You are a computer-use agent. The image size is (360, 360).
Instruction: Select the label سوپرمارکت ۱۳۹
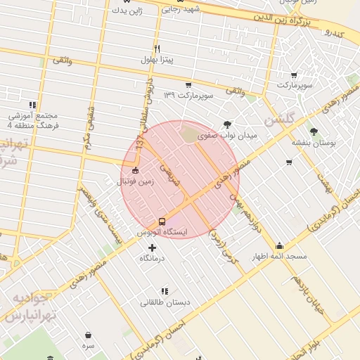coord(188,95)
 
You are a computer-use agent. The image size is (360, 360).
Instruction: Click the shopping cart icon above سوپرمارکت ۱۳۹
coord(188,84)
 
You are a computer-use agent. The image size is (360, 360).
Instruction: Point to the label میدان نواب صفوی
coord(225,136)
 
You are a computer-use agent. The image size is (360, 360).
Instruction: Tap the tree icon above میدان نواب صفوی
coord(226,124)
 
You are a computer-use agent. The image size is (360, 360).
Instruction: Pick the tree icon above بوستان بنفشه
coord(313,131)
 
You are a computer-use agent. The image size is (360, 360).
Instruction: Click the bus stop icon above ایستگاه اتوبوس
coord(162,221)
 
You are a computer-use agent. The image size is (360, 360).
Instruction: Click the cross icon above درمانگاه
coord(152,247)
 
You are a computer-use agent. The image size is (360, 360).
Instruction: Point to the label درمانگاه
coord(152,259)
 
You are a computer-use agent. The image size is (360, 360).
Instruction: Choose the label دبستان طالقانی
coord(165,302)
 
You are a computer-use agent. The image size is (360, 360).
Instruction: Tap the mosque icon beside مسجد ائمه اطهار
coord(280,245)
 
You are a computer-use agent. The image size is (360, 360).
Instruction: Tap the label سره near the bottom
coord(88,346)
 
